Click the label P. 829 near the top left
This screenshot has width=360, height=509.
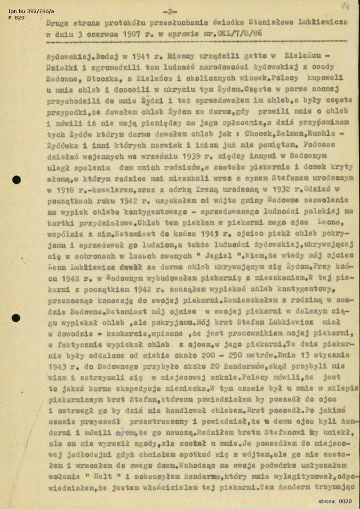click(13, 12)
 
